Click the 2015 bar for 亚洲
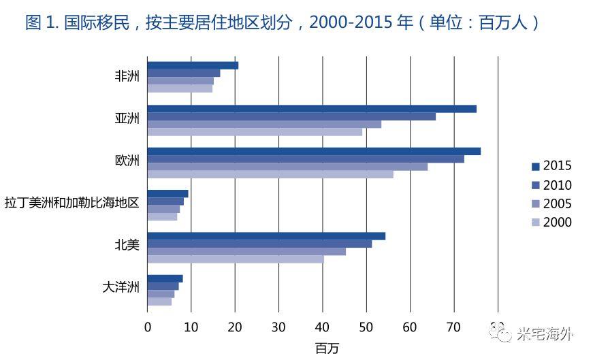(x=311, y=109)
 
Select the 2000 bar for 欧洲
(x=270, y=174)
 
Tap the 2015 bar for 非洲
(x=193, y=65)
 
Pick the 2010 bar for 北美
(x=259, y=244)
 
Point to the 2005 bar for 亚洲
(x=264, y=124)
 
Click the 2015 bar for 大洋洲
(x=165, y=278)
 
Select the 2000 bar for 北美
(x=236, y=259)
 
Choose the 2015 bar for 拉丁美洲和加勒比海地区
(x=167, y=194)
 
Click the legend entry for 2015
(x=551, y=166)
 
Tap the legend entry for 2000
(x=551, y=223)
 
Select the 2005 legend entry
(x=551, y=203)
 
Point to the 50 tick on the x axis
(x=366, y=327)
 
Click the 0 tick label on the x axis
(x=148, y=327)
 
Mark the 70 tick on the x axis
(x=454, y=327)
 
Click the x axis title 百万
(x=327, y=348)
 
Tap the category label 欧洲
(x=127, y=161)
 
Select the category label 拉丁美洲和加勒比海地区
(x=72, y=203)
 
